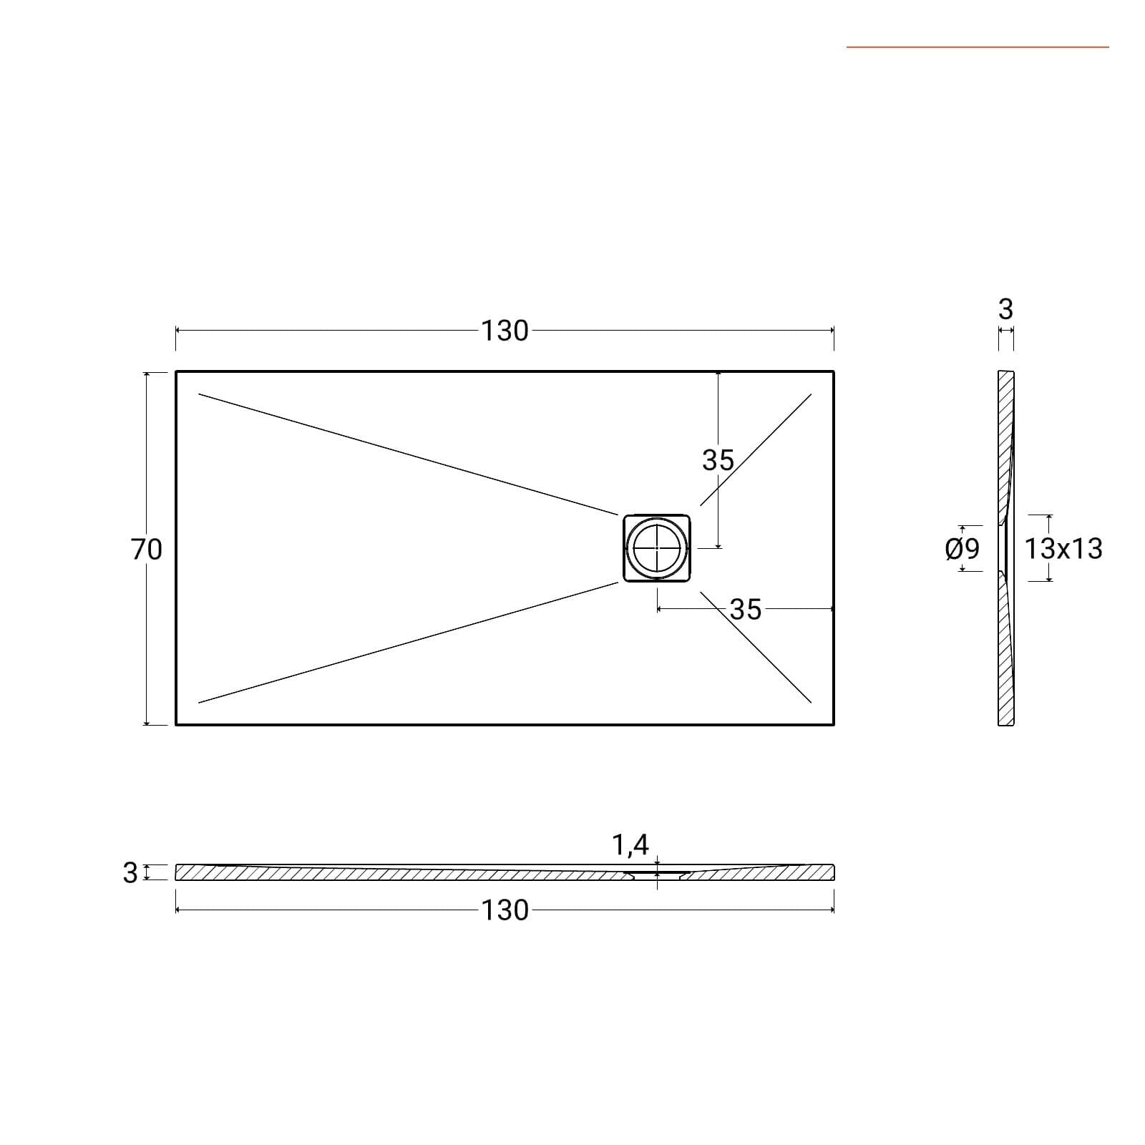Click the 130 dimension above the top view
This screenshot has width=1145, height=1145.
[x=505, y=331]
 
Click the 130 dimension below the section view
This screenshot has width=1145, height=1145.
[x=505, y=910]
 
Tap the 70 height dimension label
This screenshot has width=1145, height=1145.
[x=147, y=549]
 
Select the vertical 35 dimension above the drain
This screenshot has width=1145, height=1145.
[x=718, y=460]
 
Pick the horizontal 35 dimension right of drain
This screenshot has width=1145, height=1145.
[x=746, y=609]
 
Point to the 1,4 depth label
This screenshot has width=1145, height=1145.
[x=630, y=845]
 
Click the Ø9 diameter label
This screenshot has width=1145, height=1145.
[x=962, y=549]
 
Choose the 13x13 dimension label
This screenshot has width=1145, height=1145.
[x=1063, y=549]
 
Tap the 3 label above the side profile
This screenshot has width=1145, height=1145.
[x=1005, y=309]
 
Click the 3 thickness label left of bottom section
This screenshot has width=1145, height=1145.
[x=130, y=872]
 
